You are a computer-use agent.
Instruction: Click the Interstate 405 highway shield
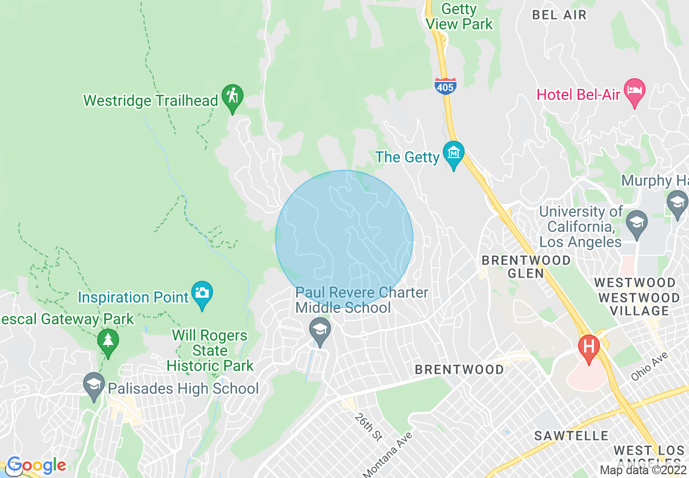click(445, 85)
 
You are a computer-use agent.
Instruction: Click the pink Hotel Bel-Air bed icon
click(634, 91)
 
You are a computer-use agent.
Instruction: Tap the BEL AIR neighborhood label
click(559, 15)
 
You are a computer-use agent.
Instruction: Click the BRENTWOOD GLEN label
click(526, 267)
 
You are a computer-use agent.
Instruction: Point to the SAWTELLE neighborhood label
click(571, 436)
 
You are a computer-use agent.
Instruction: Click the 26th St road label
click(368, 426)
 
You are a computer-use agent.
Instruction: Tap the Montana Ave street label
click(388, 454)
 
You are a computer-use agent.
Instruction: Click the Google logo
click(36, 465)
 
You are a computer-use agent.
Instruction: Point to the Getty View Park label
click(459, 16)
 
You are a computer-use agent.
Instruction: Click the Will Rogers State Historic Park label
click(210, 350)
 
